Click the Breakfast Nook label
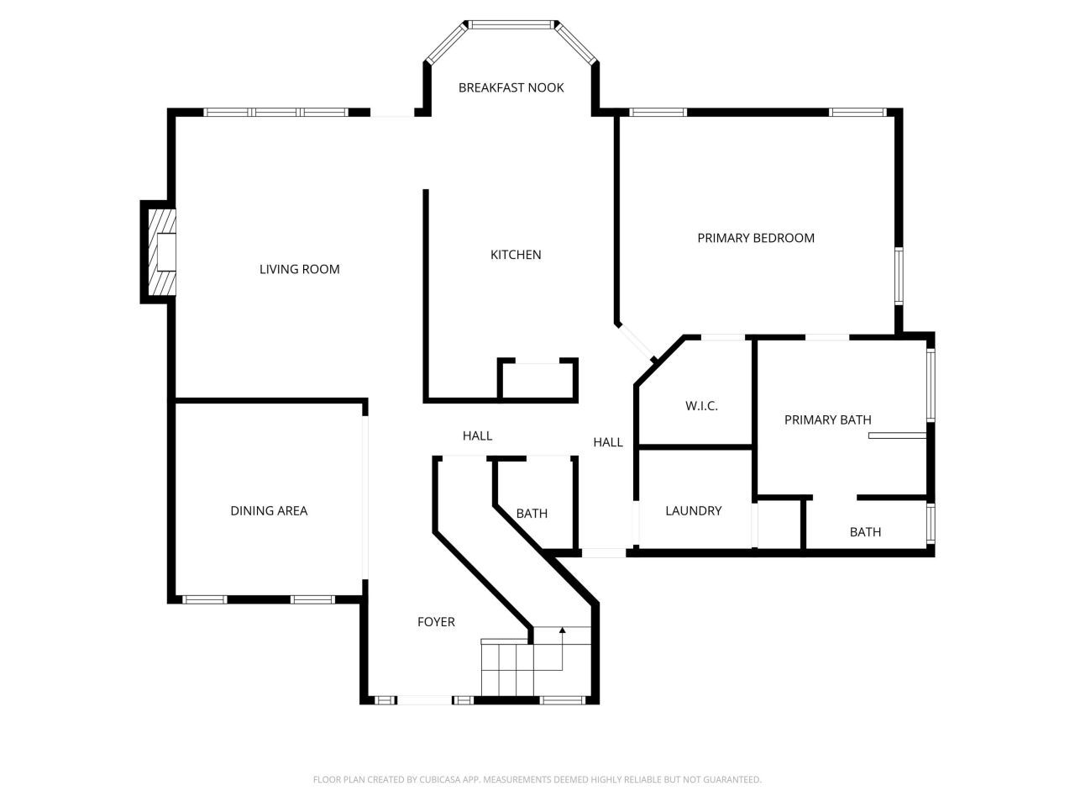(x=511, y=87)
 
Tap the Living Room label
(x=299, y=269)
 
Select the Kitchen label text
(x=516, y=255)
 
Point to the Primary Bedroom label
(x=756, y=238)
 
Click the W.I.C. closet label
(x=701, y=406)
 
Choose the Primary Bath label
(x=827, y=419)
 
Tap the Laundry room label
(x=693, y=510)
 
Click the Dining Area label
(x=269, y=510)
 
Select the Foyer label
(x=436, y=622)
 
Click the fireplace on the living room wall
(x=163, y=251)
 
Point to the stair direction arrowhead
(x=563, y=629)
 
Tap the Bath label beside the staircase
(x=532, y=513)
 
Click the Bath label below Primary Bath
(x=865, y=531)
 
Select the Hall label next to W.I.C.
(x=608, y=442)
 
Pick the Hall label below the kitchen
(x=477, y=435)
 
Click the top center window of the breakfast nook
(x=511, y=24)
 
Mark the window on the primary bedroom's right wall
(x=898, y=276)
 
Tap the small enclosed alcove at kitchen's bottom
(x=537, y=381)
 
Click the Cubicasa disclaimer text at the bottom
(x=537, y=779)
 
